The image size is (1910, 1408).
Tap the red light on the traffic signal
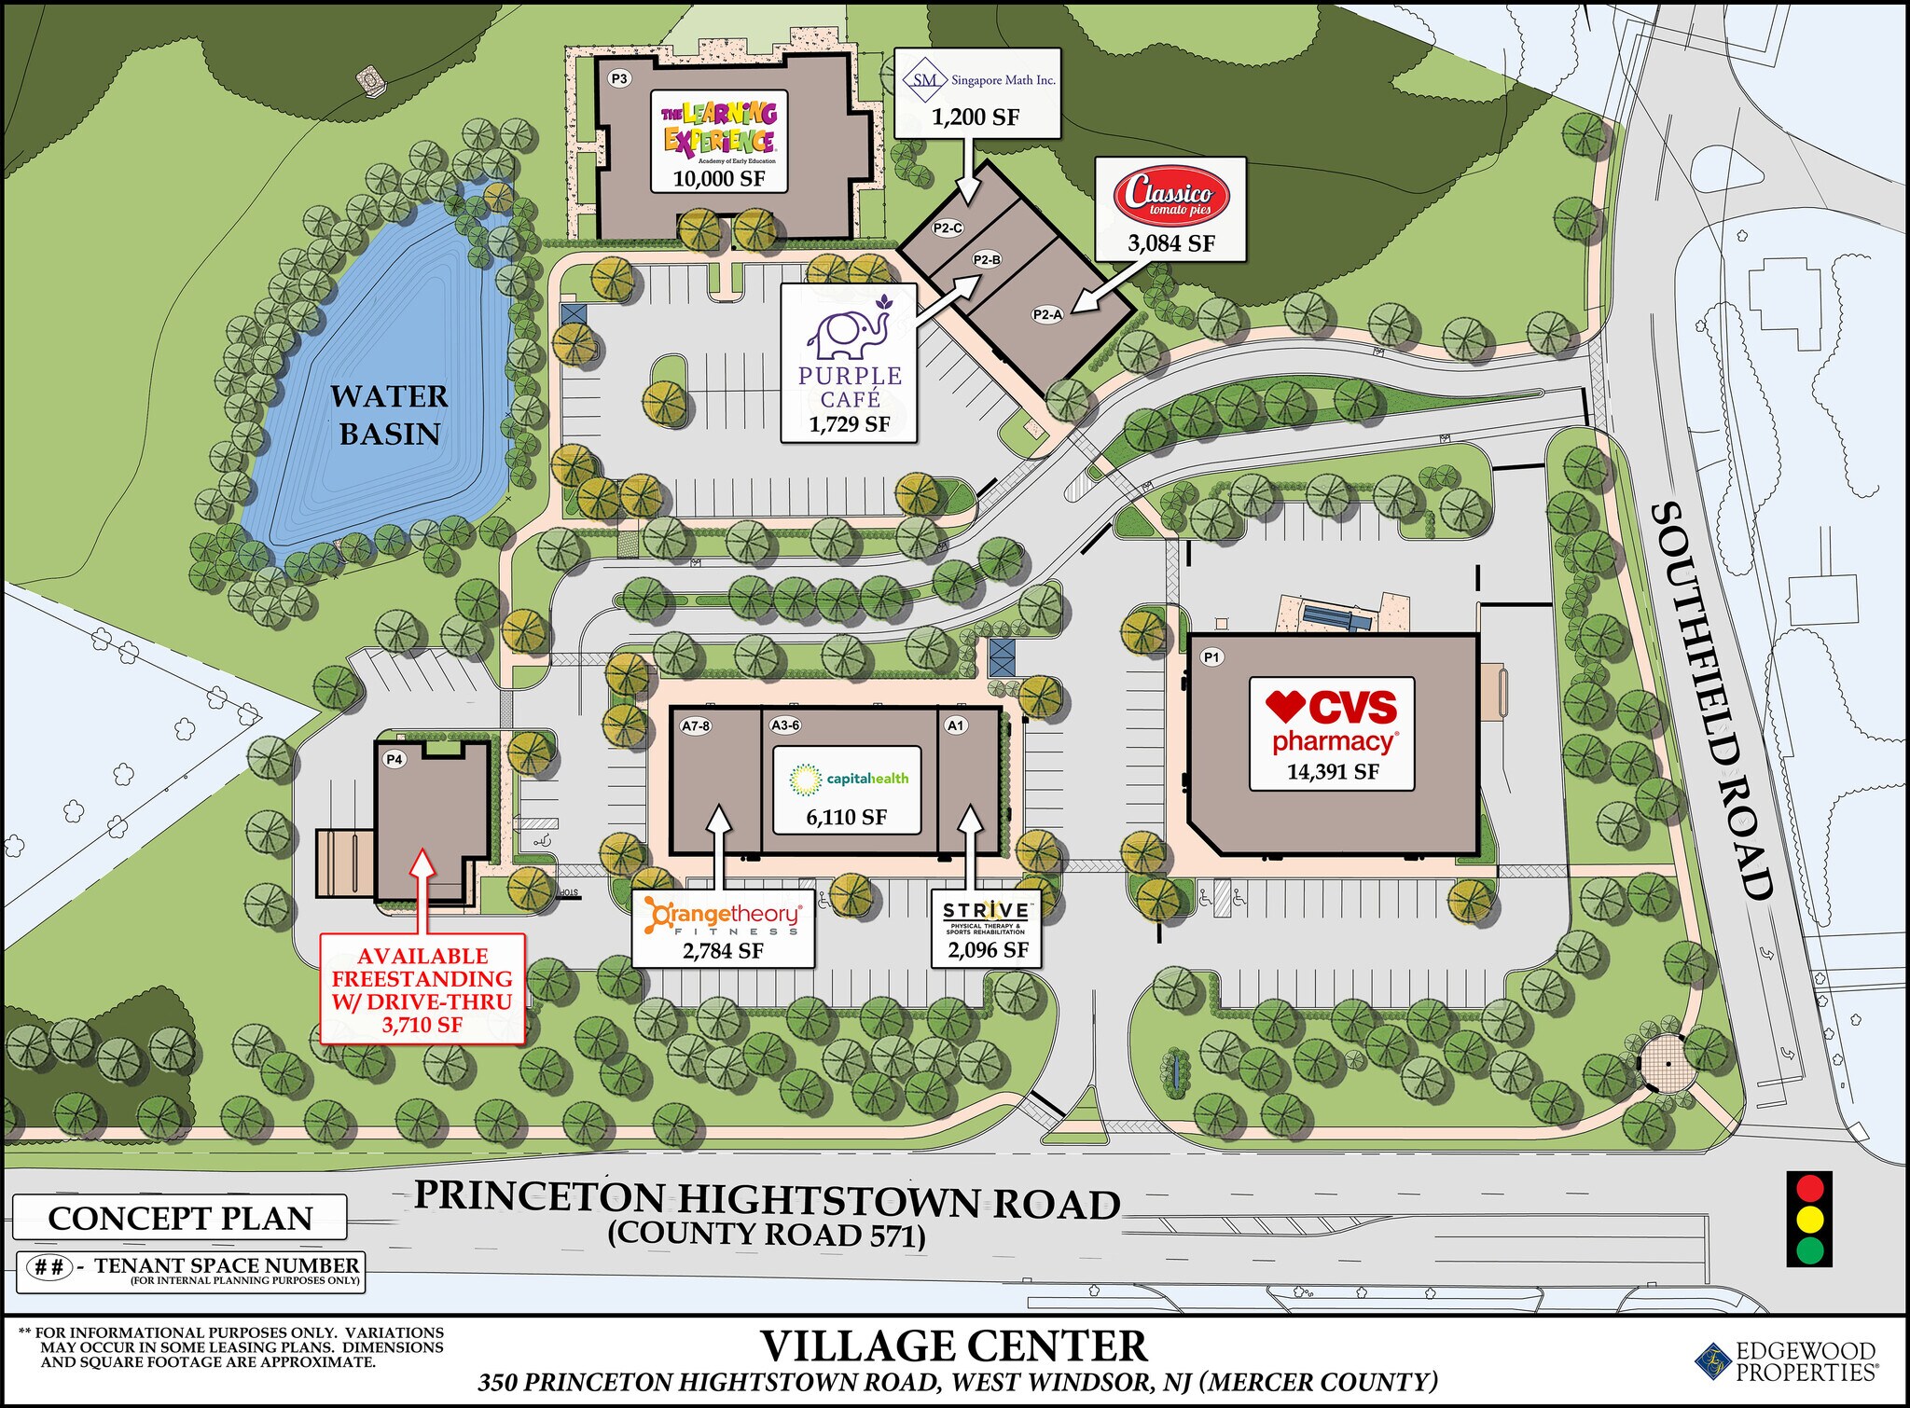pyautogui.click(x=1809, y=1189)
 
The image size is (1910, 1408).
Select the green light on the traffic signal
pyautogui.click(x=1809, y=1249)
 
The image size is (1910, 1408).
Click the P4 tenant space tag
pyautogui.click(x=394, y=760)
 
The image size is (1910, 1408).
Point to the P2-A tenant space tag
pyautogui.click(x=1047, y=314)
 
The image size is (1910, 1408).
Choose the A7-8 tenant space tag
pyautogui.click(x=696, y=725)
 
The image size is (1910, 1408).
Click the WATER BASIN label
pyautogui.click(x=389, y=415)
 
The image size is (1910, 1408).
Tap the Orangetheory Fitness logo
pyautogui.click(x=723, y=918)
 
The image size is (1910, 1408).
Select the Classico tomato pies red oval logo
pyautogui.click(x=1171, y=196)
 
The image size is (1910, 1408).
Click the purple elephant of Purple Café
pyautogui.click(x=849, y=331)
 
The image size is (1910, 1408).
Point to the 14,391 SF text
pyautogui.click(x=1333, y=772)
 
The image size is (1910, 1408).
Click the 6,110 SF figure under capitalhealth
pyautogui.click(x=846, y=818)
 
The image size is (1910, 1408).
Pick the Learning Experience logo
pyautogui.click(x=719, y=129)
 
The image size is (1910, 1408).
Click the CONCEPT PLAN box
pyautogui.click(x=180, y=1218)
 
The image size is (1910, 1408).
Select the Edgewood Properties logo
pyautogui.click(x=1786, y=1360)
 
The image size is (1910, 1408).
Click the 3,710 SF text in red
pyautogui.click(x=422, y=1025)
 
